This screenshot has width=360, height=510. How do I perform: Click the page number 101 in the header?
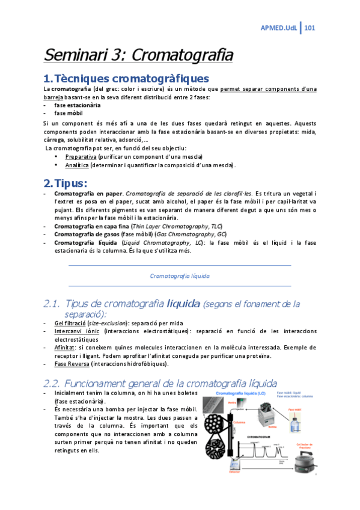311,28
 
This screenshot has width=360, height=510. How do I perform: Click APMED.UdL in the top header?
279,28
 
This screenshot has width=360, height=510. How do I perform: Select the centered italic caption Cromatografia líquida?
180,275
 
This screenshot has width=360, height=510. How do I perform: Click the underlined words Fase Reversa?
70,363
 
